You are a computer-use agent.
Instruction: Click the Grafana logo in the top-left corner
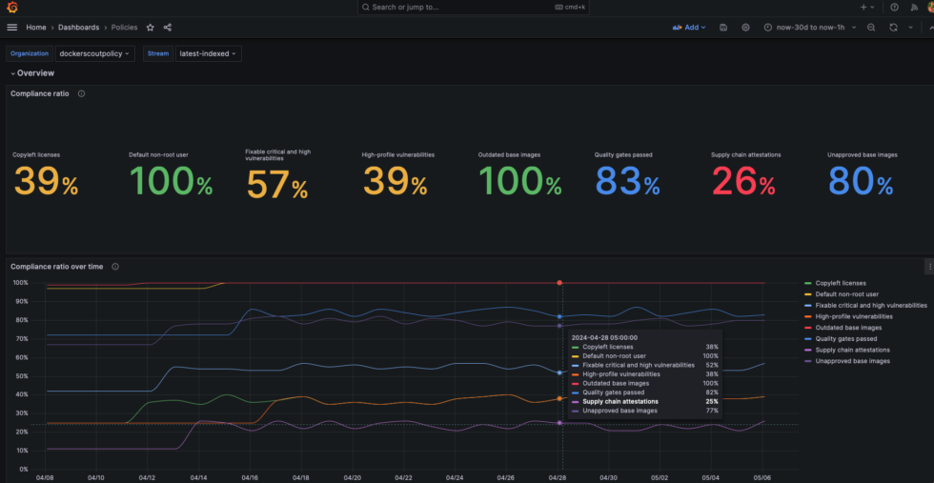[11, 8]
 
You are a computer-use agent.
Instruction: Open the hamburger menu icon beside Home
[11, 28]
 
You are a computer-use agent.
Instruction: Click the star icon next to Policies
[151, 28]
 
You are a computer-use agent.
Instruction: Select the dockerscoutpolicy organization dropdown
[95, 53]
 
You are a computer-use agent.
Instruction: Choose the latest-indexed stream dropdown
[209, 53]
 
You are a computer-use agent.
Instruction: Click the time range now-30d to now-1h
[810, 28]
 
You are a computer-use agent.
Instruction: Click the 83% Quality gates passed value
[627, 181]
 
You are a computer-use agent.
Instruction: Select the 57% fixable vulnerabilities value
[277, 185]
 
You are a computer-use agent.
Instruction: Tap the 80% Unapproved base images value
[860, 181]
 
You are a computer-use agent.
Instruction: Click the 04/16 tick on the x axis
[250, 477]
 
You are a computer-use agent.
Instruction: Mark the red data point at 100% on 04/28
[559, 283]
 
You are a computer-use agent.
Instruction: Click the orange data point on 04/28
[559, 398]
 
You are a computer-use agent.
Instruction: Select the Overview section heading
[36, 73]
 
